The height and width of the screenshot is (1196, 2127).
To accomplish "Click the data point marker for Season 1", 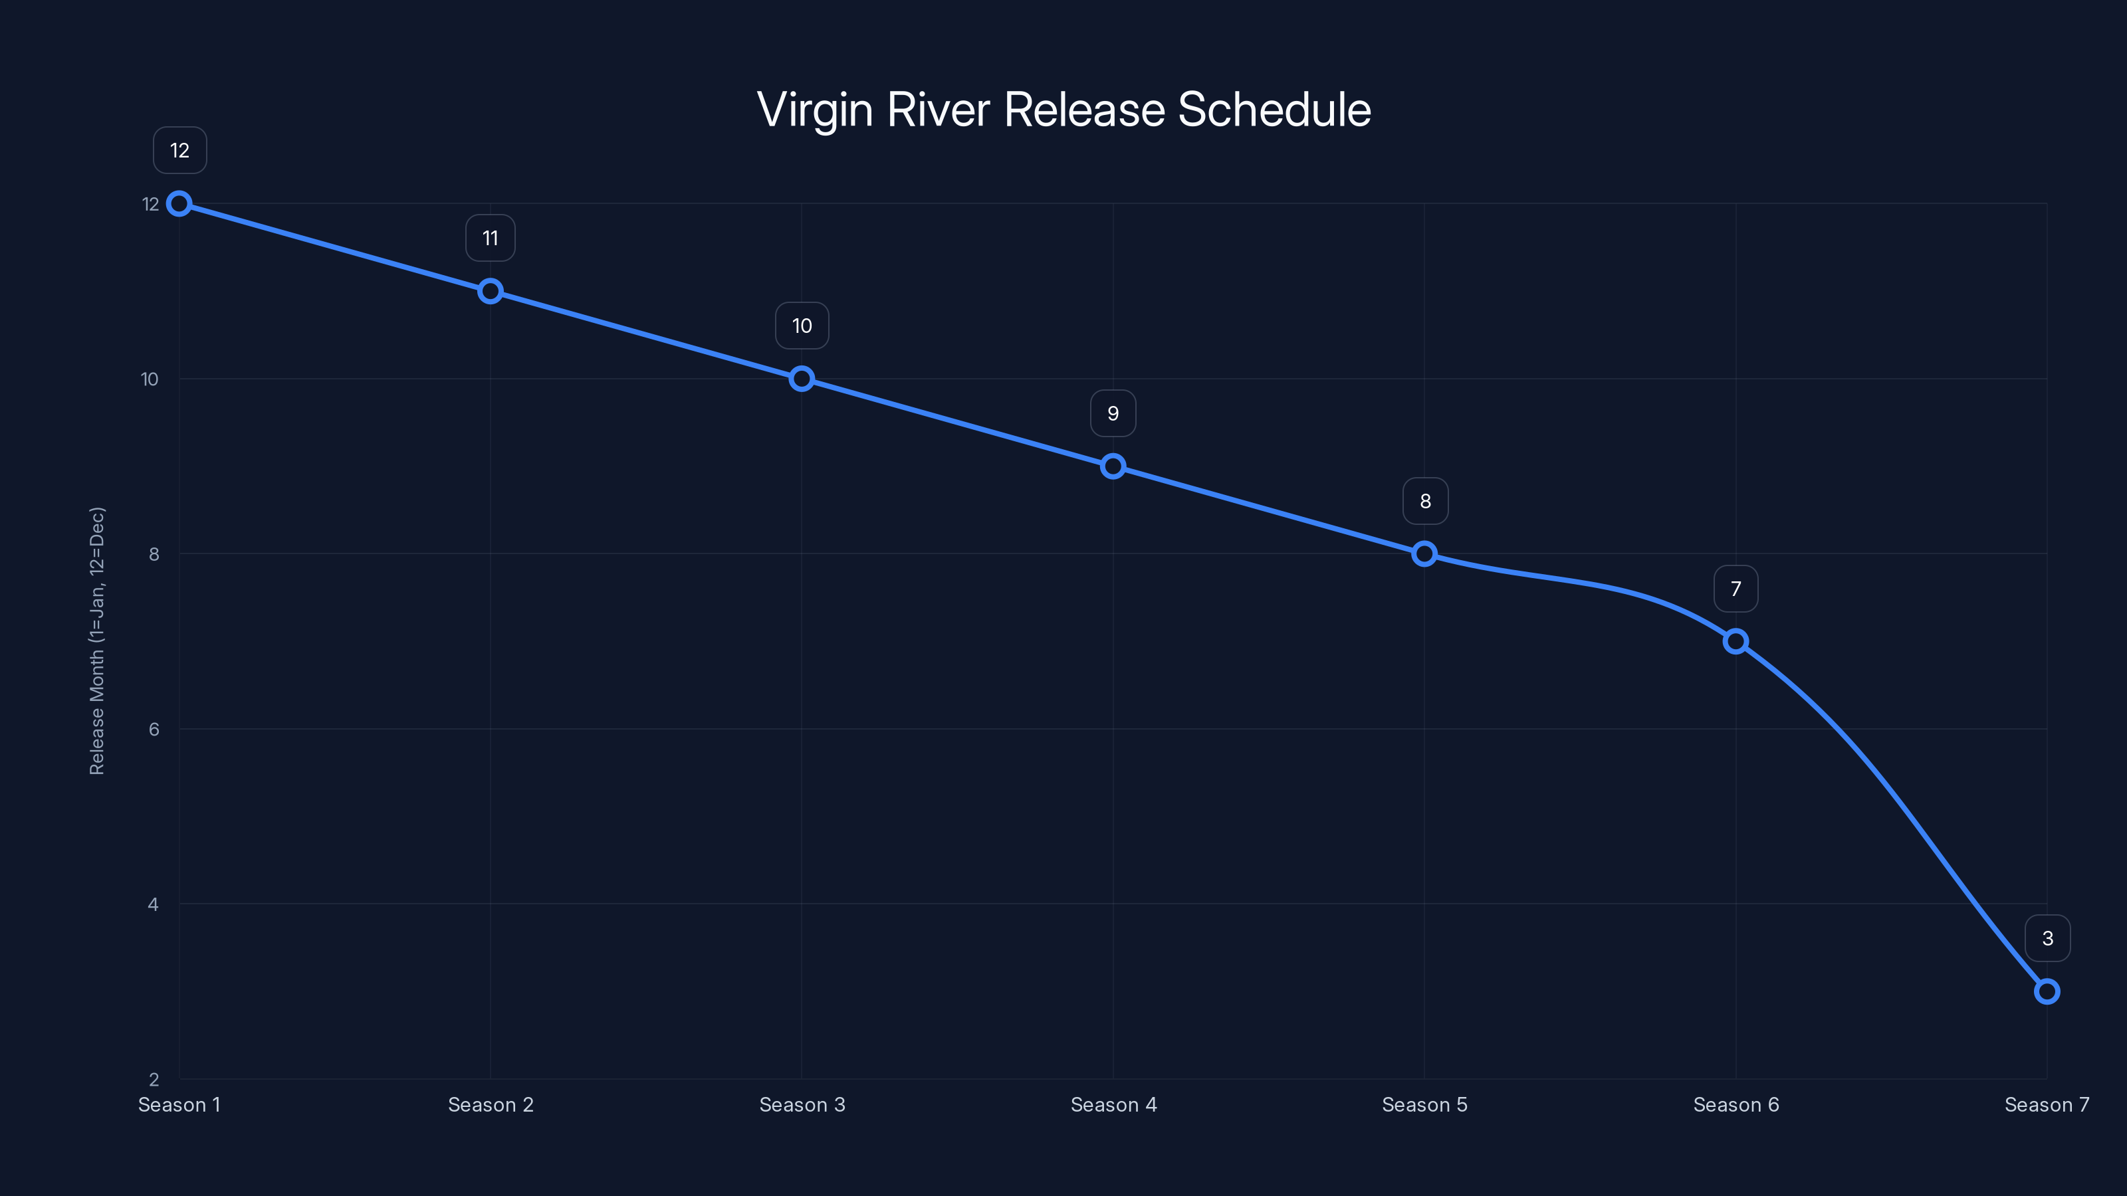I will [x=179, y=204].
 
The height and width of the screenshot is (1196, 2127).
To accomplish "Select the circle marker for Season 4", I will [x=1113, y=466].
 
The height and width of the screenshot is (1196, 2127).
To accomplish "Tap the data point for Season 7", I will [x=2047, y=991].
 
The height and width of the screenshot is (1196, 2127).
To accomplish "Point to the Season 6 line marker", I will [x=1735, y=641].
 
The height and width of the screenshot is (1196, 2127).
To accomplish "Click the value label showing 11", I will [x=491, y=239].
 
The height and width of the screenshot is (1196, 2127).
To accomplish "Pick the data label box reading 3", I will [x=2048, y=938].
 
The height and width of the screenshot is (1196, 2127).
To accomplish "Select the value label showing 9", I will [x=1113, y=413].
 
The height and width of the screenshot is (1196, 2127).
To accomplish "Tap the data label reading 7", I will [x=1735, y=589].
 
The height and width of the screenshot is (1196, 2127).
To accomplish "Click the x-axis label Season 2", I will [x=491, y=1104].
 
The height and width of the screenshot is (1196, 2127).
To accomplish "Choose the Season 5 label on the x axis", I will [x=1424, y=1104].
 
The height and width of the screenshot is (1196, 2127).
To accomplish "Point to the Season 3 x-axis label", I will [x=802, y=1104].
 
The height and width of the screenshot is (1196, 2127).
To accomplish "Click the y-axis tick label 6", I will [x=154, y=729].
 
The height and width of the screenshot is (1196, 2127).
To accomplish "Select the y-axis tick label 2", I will [x=154, y=1079].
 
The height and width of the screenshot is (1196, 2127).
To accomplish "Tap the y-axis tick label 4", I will [x=154, y=904].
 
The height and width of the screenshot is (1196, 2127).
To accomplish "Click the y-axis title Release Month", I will [x=98, y=641].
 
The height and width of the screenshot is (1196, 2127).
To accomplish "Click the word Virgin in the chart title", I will [x=814, y=110].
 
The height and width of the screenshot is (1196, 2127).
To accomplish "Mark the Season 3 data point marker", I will [x=802, y=379].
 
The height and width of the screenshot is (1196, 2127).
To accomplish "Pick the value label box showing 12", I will [x=180, y=150].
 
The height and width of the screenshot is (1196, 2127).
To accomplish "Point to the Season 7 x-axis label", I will [x=2047, y=1104].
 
